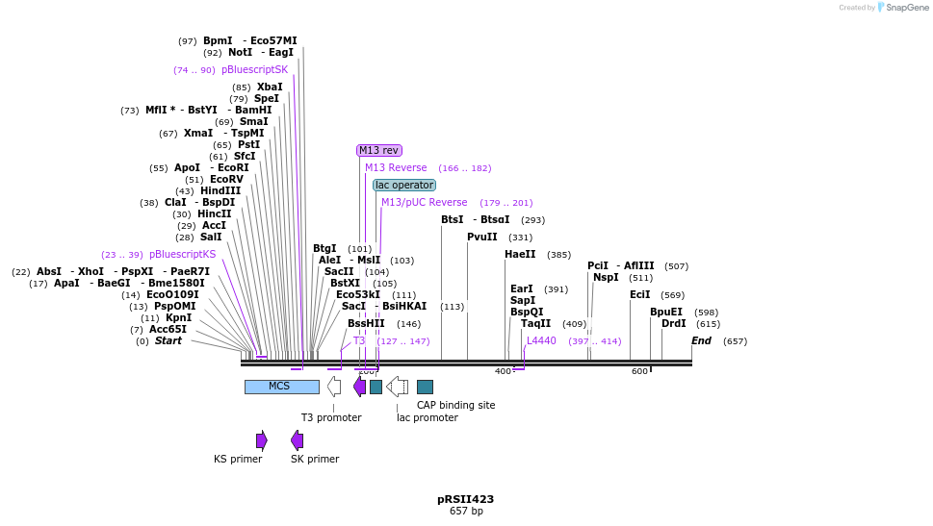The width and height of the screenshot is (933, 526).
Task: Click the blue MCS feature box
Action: coord(281,387)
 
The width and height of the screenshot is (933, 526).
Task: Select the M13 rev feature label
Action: coord(378,150)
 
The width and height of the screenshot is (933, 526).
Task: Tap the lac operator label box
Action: coord(404,185)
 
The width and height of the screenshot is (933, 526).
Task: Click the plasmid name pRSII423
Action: coord(465,499)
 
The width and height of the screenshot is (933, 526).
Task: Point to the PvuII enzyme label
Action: coord(482,237)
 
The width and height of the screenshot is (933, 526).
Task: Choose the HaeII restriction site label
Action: coord(520,255)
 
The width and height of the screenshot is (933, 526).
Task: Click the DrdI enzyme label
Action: coord(674,323)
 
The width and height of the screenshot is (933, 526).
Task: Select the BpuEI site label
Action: coord(666,312)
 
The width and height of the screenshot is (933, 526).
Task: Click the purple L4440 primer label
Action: coord(541,340)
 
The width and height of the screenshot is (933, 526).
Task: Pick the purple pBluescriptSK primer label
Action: coord(254,69)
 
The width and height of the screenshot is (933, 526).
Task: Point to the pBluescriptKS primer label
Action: coord(182,255)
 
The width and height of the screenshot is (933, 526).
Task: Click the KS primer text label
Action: coord(238,459)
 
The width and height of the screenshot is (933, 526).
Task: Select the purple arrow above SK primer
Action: coord(297,440)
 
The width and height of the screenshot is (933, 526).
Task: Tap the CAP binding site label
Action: coord(455,405)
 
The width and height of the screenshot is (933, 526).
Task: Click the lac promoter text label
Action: coord(428,417)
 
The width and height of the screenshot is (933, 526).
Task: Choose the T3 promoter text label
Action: coord(331,417)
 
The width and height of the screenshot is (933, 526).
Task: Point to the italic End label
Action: coord(701,340)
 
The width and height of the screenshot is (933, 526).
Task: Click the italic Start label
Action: coord(168,340)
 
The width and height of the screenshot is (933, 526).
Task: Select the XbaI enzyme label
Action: coord(270,87)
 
